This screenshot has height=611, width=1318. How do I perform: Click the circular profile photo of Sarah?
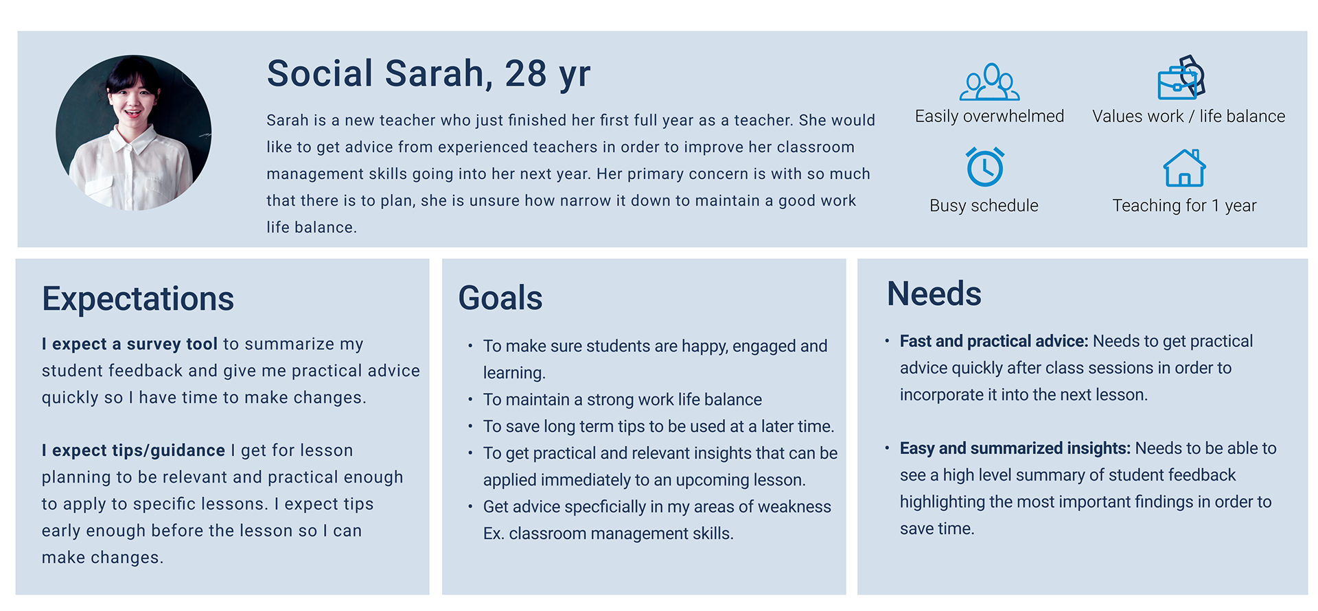click(134, 132)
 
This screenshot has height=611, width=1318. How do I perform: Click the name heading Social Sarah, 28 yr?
click(428, 73)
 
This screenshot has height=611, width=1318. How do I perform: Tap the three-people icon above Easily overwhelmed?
click(989, 82)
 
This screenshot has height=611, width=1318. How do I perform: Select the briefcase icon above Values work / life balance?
click(1181, 77)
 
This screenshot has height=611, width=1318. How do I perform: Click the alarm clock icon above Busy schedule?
click(985, 167)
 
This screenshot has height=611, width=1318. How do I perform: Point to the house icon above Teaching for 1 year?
click(1184, 168)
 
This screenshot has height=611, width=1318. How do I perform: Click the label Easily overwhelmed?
click(989, 117)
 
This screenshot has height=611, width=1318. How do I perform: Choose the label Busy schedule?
click(984, 206)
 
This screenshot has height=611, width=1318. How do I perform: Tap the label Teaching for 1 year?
click(1184, 206)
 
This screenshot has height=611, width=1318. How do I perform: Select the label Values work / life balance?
click(1188, 117)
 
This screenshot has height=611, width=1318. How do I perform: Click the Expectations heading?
click(138, 299)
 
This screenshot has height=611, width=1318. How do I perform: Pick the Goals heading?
click(500, 298)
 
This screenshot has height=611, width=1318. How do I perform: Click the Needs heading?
click(934, 293)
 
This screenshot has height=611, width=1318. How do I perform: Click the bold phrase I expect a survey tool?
click(130, 344)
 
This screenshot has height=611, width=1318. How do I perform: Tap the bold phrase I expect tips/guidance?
click(133, 451)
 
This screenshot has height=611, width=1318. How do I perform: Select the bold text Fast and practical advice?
click(994, 341)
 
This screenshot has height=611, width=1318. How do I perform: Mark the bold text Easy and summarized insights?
click(1015, 448)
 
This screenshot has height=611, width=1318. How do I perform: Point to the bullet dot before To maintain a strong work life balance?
click(470, 400)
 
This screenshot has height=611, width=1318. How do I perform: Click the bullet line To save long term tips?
click(659, 427)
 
